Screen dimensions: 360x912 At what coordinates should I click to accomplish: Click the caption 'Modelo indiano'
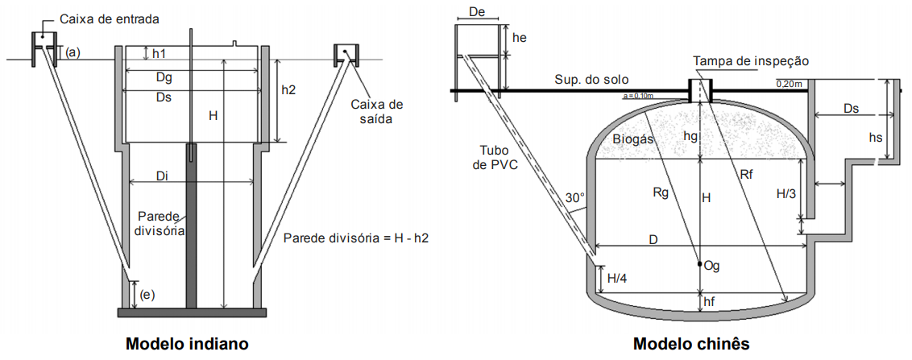coord(186,344)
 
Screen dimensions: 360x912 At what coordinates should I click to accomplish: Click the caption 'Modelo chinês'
coord(691,344)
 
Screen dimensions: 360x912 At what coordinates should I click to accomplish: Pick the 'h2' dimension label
coord(288,90)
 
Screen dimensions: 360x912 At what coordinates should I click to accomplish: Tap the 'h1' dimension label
coord(160,53)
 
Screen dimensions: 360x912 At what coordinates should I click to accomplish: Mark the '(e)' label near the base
coord(147,294)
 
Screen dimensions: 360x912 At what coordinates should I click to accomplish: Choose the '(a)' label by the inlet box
coord(73,52)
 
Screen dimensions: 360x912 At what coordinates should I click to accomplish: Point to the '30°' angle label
coord(574,198)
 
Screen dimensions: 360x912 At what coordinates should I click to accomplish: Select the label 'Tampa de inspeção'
coord(751,61)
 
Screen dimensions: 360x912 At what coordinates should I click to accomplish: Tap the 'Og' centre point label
coord(711,265)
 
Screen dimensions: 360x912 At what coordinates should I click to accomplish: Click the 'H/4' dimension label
coord(616,279)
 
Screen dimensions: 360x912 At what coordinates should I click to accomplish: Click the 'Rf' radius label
coord(747,173)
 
